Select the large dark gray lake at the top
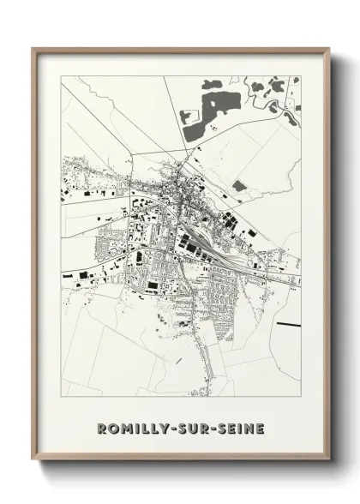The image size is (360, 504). point(214,107)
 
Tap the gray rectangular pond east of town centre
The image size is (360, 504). point(239,185)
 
